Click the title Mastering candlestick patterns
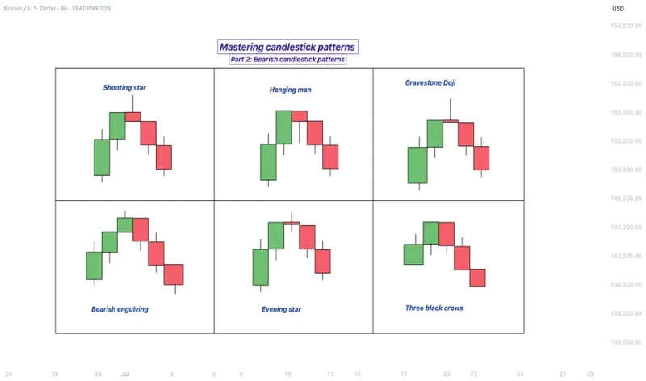pyautogui.click(x=287, y=48)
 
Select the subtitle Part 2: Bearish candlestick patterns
pyautogui.click(x=287, y=60)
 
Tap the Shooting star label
pyautogui.click(x=124, y=87)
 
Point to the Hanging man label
pyautogui.click(x=290, y=90)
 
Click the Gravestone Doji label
pyautogui.click(x=430, y=82)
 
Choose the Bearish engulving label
pyautogui.click(x=120, y=309)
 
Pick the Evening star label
pyautogui.click(x=281, y=309)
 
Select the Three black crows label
pyautogui.click(x=434, y=308)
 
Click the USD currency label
pyautogui.click(x=618, y=8)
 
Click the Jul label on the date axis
pyautogui.click(x=125, y=375)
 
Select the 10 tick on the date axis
pyautogui.click(x=288, y=375)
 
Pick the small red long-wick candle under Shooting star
pyautogui.click(x=132, y=116)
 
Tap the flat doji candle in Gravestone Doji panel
pyautogui.click(x=451, y=121)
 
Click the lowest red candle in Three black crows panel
pyautogui.click(x=477, y=278)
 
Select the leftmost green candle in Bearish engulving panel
pyautogui.click(x=94, y=266)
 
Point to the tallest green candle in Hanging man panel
pyautogui.click(x=283, y=128)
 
